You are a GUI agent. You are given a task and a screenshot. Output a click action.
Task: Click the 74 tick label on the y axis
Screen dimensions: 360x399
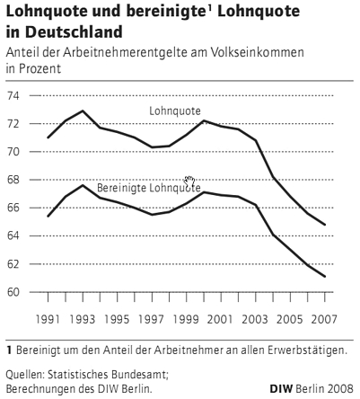point(13,96)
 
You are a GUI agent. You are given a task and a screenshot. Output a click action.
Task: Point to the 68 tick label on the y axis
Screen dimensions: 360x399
point(13,180)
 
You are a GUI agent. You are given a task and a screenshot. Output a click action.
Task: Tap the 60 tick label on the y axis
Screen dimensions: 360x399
point(13,292)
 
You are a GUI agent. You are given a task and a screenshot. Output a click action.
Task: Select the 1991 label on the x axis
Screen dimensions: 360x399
point(48,319)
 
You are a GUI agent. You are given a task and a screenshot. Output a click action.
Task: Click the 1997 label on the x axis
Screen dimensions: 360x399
point(152,319)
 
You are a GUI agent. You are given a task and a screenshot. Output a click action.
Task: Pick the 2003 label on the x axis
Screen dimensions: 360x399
point(255,319)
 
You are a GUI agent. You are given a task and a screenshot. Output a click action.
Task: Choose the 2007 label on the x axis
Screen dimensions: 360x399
point(324,319)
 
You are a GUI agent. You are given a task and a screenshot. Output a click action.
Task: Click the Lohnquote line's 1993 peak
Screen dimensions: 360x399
point(83,111)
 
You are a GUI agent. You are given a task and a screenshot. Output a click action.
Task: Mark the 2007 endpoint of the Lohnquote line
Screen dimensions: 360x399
point(325,225)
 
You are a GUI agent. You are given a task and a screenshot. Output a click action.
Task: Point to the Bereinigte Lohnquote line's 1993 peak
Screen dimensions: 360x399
point(83,185)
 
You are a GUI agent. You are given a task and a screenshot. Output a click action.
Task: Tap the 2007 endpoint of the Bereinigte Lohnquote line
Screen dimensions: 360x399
point(325,276)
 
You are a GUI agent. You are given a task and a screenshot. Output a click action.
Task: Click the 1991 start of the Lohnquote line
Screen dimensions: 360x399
point(48,137)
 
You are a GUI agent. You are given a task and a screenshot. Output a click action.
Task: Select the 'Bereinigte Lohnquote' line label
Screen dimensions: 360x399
point(149,188)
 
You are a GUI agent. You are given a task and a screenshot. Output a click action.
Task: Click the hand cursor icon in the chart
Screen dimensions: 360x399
point(189,182)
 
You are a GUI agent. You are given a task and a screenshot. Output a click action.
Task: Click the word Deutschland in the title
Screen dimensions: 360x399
point(74,31)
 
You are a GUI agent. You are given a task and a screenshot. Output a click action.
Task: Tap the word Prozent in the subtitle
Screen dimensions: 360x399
point(39,68)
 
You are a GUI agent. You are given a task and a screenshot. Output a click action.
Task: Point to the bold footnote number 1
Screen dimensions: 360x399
point(9,350)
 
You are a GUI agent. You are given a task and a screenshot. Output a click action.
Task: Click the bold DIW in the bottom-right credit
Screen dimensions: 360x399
point(281,389)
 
